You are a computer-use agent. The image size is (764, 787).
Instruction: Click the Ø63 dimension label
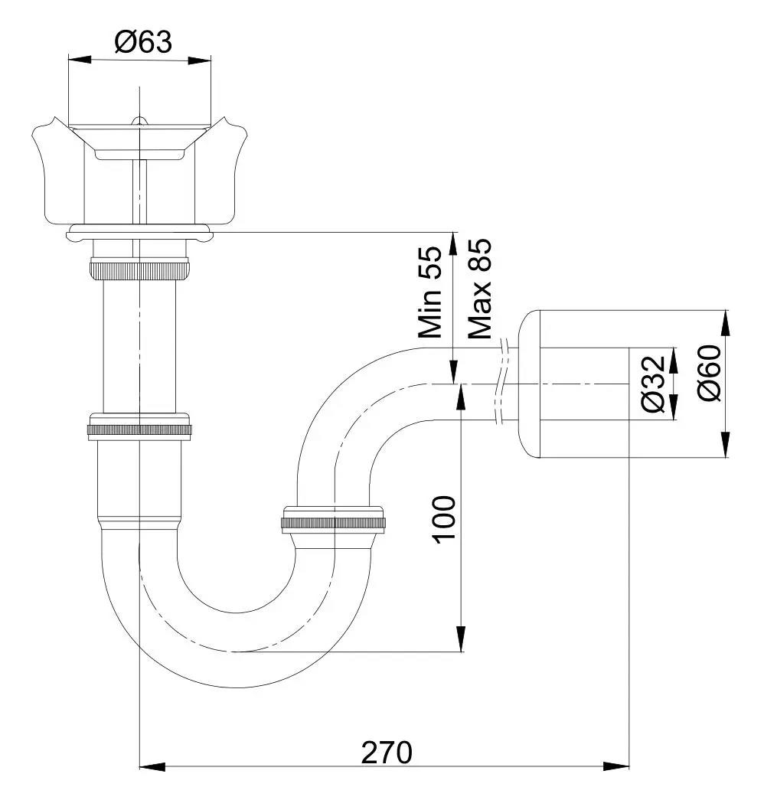coord(143,41)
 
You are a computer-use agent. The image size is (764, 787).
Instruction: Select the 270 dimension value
coord(387,753)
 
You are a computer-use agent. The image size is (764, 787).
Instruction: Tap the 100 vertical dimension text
coord(444,519)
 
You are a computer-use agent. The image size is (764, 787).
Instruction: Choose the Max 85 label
coord(480,289)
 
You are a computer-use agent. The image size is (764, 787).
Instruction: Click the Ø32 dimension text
coord(652,384)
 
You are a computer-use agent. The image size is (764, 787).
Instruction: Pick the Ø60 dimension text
coord(709,373)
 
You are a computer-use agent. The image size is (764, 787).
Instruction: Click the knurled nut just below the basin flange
coord(139,270)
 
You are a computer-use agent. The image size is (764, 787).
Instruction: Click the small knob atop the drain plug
coord(139,120)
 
